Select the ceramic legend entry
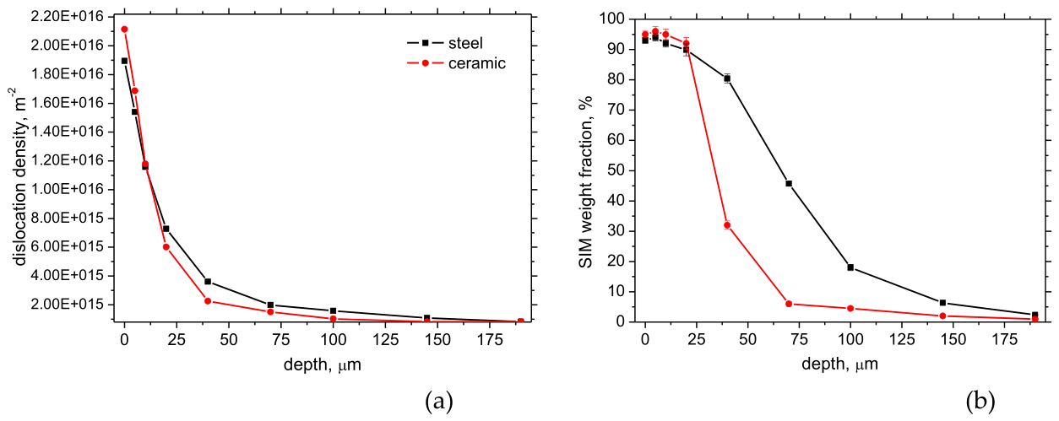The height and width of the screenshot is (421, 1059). point(456,62)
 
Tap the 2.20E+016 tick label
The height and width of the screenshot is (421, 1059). point(66,17)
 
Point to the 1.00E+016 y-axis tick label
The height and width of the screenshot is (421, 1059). point(66,189)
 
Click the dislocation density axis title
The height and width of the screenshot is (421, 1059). point(19,175)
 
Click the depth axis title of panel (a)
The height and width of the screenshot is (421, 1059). point(323,364)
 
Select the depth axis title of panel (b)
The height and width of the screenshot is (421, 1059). point(839,364)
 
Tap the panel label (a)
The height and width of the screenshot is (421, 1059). point(439,401)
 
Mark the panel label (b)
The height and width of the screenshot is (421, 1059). point(981,401)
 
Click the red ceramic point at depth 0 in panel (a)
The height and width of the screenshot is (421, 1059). point(124,30)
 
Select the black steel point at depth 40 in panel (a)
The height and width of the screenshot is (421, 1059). point(208,282)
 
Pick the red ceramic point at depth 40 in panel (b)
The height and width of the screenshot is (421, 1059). point(727,225)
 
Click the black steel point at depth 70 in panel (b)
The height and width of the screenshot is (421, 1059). point(789,183)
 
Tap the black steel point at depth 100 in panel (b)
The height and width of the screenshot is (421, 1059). point(850,267)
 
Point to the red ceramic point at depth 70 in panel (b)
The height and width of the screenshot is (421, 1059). point(789,304)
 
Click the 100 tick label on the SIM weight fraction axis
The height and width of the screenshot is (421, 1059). point(611,19)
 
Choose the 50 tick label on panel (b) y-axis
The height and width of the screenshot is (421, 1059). point(616,170)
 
